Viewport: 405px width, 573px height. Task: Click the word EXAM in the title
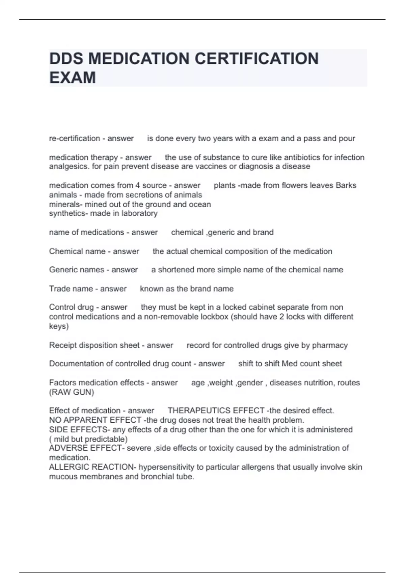(73, 78)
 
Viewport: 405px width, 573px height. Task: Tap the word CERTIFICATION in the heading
(256, 58)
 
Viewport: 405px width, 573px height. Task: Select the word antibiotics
(301, 157)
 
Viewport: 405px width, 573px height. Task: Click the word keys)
(59, 326)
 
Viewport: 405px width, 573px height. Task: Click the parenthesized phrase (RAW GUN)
(72, 392)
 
